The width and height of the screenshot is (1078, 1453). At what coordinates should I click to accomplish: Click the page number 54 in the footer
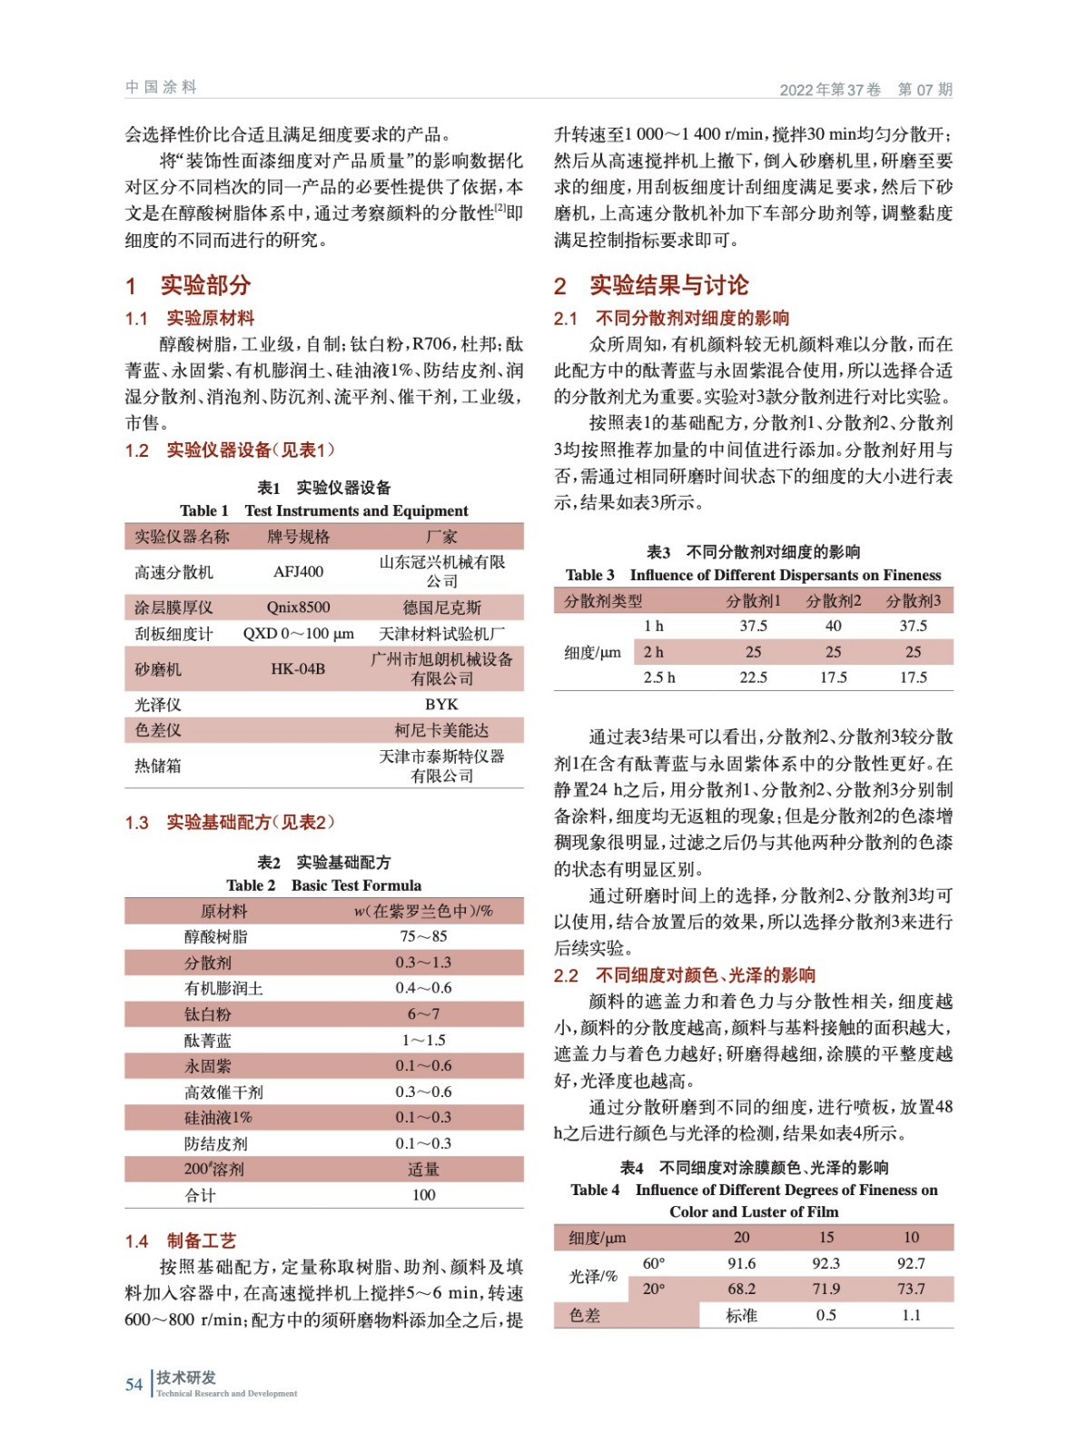[x=134, y=1385]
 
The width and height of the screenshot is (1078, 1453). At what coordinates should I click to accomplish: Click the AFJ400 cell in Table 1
[x=298, y=571]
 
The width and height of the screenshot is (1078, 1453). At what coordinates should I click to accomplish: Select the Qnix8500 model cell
[x=298, y=608]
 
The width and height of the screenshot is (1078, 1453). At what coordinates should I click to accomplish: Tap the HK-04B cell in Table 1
[x=298, y=669]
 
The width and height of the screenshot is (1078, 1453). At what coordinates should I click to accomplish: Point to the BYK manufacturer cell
[x=441, y=705]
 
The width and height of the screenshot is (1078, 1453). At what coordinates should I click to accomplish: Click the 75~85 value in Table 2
[x=423, y=936]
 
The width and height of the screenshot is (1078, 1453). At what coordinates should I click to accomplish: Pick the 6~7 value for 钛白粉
[x=423, y=1014]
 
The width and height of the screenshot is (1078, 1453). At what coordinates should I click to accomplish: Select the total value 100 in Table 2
[x=423, y=1195]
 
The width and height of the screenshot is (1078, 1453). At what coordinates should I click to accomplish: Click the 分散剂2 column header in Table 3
[x=833, y=601]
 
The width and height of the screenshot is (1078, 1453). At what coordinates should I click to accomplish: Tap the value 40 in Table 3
[x=833, y=626]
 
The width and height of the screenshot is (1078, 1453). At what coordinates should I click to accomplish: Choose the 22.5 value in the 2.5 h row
[x=753, y=677]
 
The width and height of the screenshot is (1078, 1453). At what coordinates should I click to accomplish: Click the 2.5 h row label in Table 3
[x=659, y=677]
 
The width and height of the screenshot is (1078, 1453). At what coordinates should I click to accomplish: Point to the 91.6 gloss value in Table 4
[x=741, y=1263]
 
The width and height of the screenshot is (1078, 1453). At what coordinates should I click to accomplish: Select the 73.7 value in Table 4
[x=911, y=1289]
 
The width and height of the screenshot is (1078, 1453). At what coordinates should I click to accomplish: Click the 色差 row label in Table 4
[x=585, y=1315]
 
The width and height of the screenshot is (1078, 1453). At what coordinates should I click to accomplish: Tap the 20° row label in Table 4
[x=654, y=1289]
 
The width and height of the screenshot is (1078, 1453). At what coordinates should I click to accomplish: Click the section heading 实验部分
[x=205, y=285]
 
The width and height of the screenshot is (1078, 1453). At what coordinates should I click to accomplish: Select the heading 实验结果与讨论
[x=668, y=285]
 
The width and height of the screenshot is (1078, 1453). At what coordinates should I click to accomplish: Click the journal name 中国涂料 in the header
[x=161, y=87]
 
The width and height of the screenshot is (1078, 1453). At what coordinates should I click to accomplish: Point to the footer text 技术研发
[x=186, y=1378]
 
